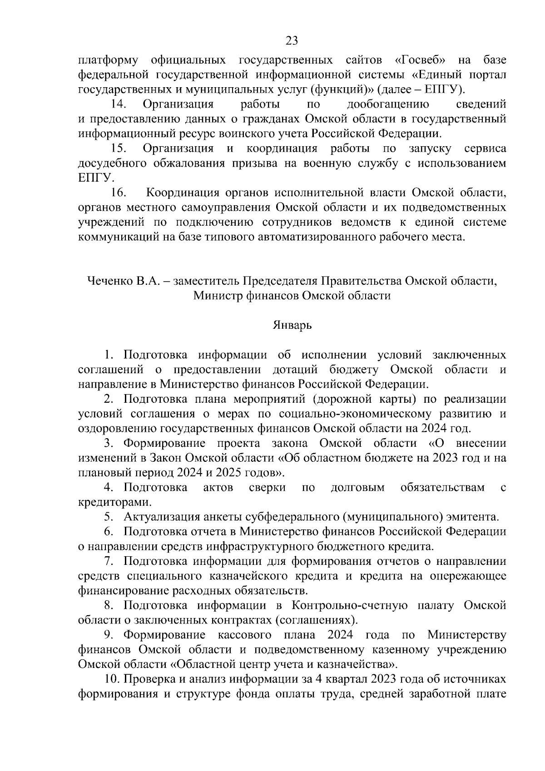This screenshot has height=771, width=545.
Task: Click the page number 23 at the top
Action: point(292,41)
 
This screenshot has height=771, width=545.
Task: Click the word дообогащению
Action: point(388,104)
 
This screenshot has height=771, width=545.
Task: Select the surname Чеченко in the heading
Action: point(107,281)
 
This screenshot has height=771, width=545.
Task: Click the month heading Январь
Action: point(292,325)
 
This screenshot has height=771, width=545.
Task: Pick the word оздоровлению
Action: point(117,428)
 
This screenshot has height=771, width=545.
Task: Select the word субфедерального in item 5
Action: point(291,517)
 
